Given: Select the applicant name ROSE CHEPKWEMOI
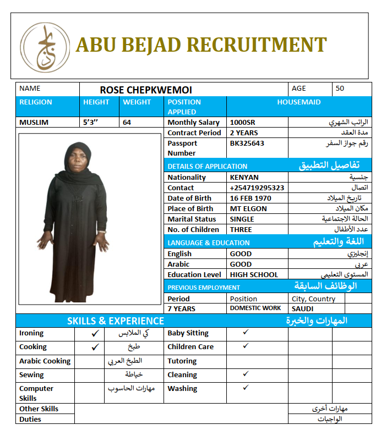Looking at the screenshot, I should [146, 90].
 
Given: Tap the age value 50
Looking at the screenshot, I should [340, 88].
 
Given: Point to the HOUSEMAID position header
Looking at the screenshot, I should [298, 102].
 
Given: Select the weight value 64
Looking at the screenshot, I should [127, 123].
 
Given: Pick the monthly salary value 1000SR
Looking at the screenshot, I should [242, 123].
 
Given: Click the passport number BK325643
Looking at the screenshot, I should [247, 143].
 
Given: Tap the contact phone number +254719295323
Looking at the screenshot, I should [257, 188].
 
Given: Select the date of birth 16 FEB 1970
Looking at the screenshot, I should [251, 198].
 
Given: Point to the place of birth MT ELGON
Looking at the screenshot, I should [248, 208].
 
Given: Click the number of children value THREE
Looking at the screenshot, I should [241, 229].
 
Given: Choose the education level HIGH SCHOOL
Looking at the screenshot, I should [254, 274].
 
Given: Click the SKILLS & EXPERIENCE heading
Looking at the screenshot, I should [116, 321].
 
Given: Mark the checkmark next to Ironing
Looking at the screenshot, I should [95, 333].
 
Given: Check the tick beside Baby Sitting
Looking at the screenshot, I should [246, 332].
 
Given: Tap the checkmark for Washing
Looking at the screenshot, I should [246, 387].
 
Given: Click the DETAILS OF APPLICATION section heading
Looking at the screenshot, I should [208, 166].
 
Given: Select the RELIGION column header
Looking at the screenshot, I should [36, 102].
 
